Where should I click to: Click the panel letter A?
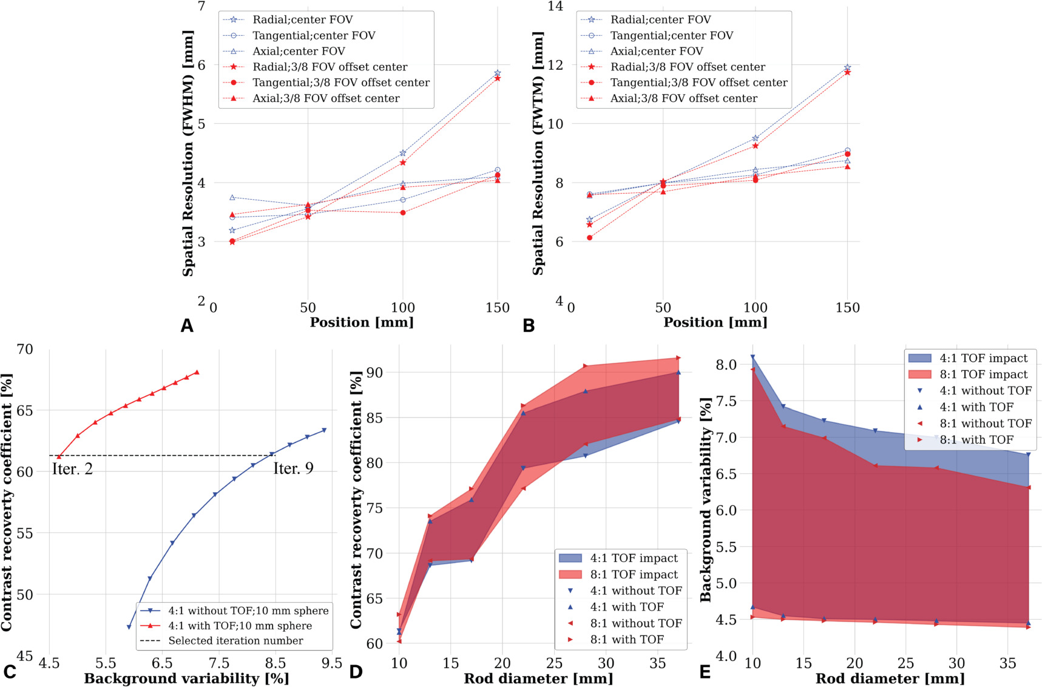187,327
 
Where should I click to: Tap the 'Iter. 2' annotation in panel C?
72,469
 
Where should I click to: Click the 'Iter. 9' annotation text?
293,469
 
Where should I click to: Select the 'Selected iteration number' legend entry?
235,641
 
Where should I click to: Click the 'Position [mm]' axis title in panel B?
715,323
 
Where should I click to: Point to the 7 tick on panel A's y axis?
201,7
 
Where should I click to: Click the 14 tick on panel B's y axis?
555,7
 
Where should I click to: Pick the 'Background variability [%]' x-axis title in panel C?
186,679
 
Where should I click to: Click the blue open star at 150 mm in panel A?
498,73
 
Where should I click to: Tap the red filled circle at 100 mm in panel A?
403,213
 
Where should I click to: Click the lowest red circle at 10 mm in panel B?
589,238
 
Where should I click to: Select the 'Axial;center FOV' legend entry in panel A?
299,52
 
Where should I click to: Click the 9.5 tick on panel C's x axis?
332,663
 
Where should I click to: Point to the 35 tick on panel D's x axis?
657,663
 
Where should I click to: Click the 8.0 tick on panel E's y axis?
727,365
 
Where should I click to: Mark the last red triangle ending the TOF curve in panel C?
197,373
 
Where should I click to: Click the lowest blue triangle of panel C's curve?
129,627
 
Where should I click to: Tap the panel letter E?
705,672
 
